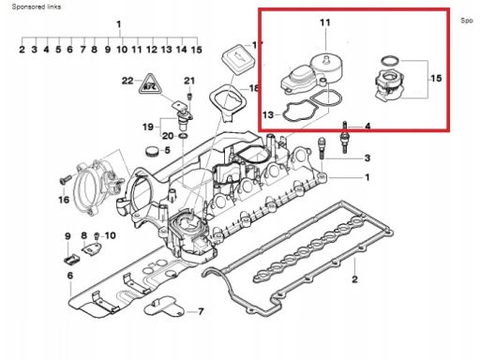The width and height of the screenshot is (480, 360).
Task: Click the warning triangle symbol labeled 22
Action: (151, 83)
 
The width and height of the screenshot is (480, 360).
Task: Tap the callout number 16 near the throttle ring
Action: (64, 200)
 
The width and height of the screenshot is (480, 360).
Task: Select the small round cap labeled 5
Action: (151, 151)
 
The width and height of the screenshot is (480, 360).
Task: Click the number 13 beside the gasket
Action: (268, 115)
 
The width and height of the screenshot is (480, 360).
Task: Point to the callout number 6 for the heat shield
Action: (70, 276)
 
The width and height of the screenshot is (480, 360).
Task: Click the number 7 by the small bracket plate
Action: (201, 311)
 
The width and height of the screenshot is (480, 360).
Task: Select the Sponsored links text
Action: (37, 7)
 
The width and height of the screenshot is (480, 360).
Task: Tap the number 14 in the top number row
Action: (182, 50)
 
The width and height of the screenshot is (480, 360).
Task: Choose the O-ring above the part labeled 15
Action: (390, 61)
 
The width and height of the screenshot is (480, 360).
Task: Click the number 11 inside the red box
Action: (325, 22)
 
